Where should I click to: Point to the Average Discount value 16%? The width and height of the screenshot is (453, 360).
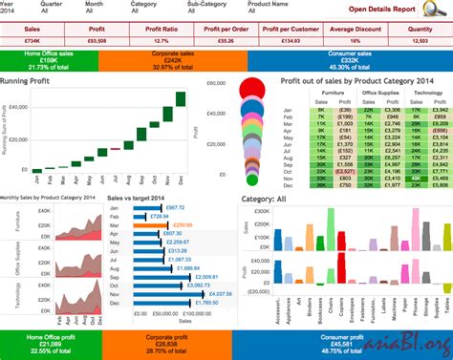point(356,42)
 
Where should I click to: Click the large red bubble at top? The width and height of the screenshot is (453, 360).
point(251,91)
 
